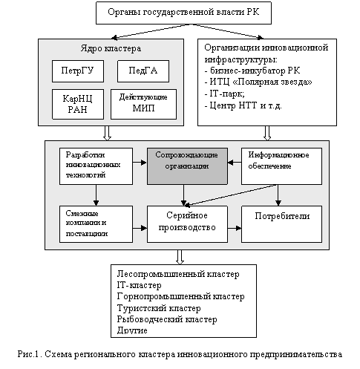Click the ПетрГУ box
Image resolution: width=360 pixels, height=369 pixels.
coord(78,71)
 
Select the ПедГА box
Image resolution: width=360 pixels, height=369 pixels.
coord(143,71)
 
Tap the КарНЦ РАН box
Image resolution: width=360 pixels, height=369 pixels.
coord(78,104)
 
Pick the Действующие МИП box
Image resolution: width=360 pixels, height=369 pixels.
coord(143,104)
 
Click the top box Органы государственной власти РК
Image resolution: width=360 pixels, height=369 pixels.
coord(183,13)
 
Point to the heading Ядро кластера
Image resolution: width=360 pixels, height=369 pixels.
coord(111,48)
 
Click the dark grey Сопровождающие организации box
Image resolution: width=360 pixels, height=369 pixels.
coord(187,166)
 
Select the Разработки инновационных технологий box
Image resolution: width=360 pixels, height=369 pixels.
coord(96,166)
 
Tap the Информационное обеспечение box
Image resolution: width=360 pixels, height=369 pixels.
coord(281,166)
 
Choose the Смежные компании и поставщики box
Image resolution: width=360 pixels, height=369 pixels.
coord(96,224)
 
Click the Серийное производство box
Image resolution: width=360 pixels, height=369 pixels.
coord(187,224)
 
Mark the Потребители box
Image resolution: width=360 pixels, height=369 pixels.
coord(281,224)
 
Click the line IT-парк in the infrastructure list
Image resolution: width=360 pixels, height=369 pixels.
coord(225,94)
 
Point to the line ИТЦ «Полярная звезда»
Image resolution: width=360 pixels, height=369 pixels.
coord(258,82)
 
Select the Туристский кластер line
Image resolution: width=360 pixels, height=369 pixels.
coord(159,308)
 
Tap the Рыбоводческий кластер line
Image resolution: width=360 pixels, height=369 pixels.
coord(167,319)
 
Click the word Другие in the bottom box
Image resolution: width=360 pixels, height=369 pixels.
coord(132,330)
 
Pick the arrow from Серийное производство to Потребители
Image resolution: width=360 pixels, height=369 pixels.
coord(235,228)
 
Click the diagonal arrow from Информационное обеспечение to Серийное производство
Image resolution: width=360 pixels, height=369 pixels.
coord(231,195)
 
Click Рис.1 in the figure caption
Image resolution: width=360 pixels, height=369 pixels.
coord(28,354)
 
